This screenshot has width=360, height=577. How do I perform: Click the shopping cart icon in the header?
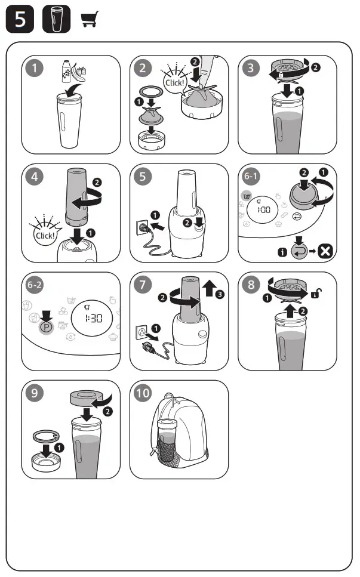(89, 20)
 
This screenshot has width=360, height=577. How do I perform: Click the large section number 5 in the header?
(20, 20)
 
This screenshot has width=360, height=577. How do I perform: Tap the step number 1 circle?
(37, 68)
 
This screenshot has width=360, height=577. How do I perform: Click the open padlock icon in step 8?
(316, 295)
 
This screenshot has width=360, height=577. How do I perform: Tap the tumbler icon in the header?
(57, 20)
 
